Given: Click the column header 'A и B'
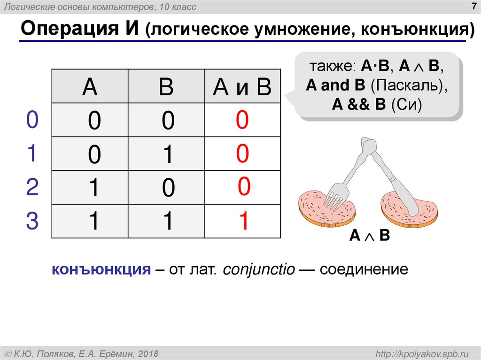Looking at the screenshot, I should click(242, 87).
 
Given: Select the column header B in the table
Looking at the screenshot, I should click(166, 87).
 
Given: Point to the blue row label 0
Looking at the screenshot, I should click(32, 120).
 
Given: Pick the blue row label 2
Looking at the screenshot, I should click(32, 187).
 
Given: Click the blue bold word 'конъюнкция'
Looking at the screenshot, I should click(101, 270).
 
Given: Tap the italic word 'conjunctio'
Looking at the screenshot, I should click(259, 270).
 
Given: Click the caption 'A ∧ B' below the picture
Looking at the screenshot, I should click(369, 236).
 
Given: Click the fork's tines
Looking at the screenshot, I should click(334, 197).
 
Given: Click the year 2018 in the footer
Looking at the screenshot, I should click(147, 353).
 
